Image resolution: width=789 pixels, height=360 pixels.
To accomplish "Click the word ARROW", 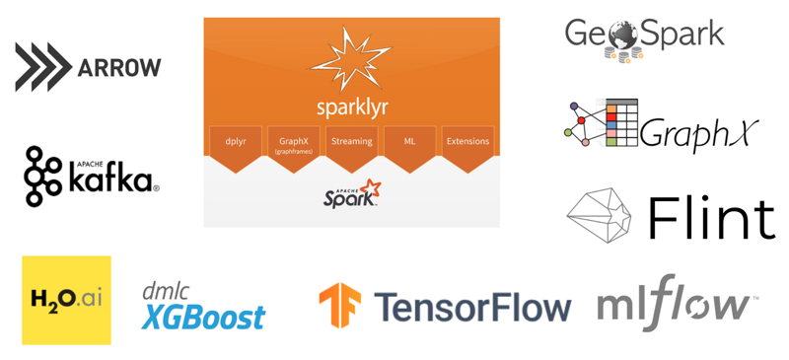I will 118,68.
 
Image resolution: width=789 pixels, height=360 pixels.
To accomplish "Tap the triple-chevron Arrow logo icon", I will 42,68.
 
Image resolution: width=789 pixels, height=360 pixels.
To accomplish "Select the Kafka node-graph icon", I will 43,177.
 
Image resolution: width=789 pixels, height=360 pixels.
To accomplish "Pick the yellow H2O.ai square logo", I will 66,300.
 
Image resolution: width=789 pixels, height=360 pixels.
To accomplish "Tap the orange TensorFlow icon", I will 339,306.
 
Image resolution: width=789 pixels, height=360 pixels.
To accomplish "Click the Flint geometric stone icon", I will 603,214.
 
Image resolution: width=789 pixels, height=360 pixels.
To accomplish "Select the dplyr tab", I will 236,142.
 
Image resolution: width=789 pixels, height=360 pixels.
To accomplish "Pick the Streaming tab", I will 351,142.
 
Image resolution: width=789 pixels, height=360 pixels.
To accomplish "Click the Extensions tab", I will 467,142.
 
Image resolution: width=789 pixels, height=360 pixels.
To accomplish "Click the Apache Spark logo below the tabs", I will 351,194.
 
